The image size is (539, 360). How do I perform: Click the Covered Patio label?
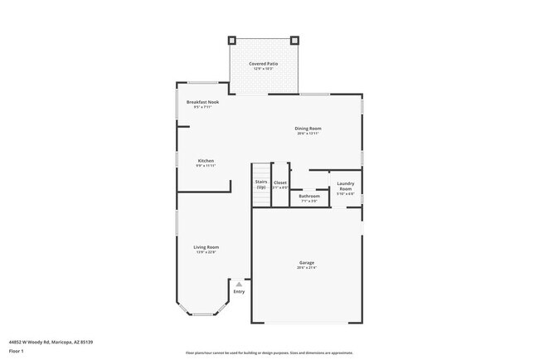pyautogui.click(x=263, y=63)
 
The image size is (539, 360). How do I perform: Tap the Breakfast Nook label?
pyautogui.click(x=202, y=102)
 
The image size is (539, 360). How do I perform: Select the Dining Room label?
pyautogui.click(x=308, y=128)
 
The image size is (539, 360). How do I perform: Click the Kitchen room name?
pyautogui.click(x=206, y=160)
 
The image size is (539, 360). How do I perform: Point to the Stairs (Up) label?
pyautogui.click(x=260, y=184)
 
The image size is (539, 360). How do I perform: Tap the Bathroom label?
pyautogui.click(x=308, y=196)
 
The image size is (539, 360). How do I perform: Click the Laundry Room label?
pyautogui.click(x=346, y=186)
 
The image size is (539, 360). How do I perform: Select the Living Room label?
pyautogui.click(x=206, y=246)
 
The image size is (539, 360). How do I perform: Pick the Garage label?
pyautogui.click(x=307, y=263)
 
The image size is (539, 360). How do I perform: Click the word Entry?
pyautogui.click(x=239, y=291)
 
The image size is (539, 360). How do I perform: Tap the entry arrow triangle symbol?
pyautogui.click(x=239, y=284)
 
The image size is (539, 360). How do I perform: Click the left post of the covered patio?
pyautogui.click(x=232, y=40)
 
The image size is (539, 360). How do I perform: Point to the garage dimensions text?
pyautogui.click(x=307, y=268)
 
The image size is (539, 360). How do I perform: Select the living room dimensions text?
pyautogui.click(x=206, y=251)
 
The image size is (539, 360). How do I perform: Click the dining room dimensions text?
pyautogui.click(x=308, y=133)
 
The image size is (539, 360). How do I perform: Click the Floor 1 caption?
pyautogui.click(x=17, y=350)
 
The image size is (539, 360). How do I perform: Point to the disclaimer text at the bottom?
pyautogui.click(x=269, y=353)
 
